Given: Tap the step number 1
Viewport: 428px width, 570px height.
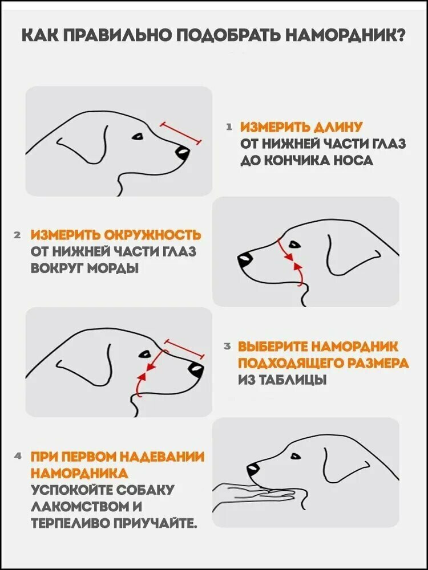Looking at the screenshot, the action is point(229,127).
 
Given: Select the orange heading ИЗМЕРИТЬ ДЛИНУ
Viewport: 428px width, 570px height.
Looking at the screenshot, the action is point(301,127).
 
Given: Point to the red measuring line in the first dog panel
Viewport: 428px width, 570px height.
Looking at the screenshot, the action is point(180,133).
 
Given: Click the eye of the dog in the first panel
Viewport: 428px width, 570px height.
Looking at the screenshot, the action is point(138,137).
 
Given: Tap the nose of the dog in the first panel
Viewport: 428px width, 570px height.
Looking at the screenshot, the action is point(183,152).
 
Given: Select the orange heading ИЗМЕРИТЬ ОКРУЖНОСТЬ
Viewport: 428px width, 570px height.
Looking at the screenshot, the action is point(116,235).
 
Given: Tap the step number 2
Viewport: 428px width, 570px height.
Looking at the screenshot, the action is point(17,235).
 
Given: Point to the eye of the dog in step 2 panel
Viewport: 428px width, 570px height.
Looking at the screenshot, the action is point(294,245).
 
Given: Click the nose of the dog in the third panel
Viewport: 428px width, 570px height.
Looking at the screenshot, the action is point(196,370).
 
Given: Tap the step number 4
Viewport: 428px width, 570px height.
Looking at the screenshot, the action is point(17,455).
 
